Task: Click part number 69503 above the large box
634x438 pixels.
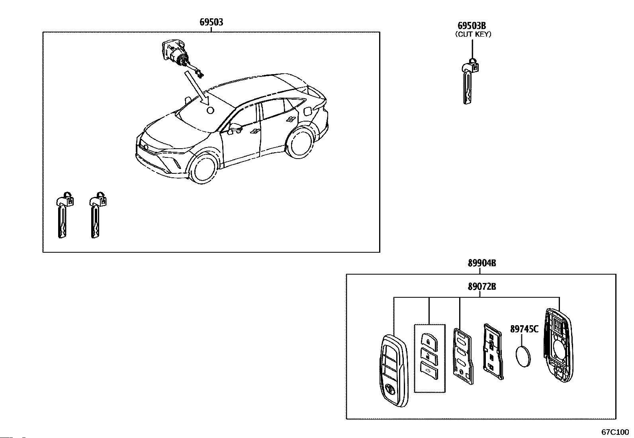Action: pos(211,22)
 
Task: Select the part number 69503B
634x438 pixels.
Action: pos(472,26)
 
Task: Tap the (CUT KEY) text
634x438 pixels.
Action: pos(473,34)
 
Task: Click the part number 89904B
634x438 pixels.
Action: pos(482,263)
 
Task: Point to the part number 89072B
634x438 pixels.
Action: pos(482,287)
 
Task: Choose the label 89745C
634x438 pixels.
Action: pos(524,329)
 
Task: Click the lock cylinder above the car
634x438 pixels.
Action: pos(175,54)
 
